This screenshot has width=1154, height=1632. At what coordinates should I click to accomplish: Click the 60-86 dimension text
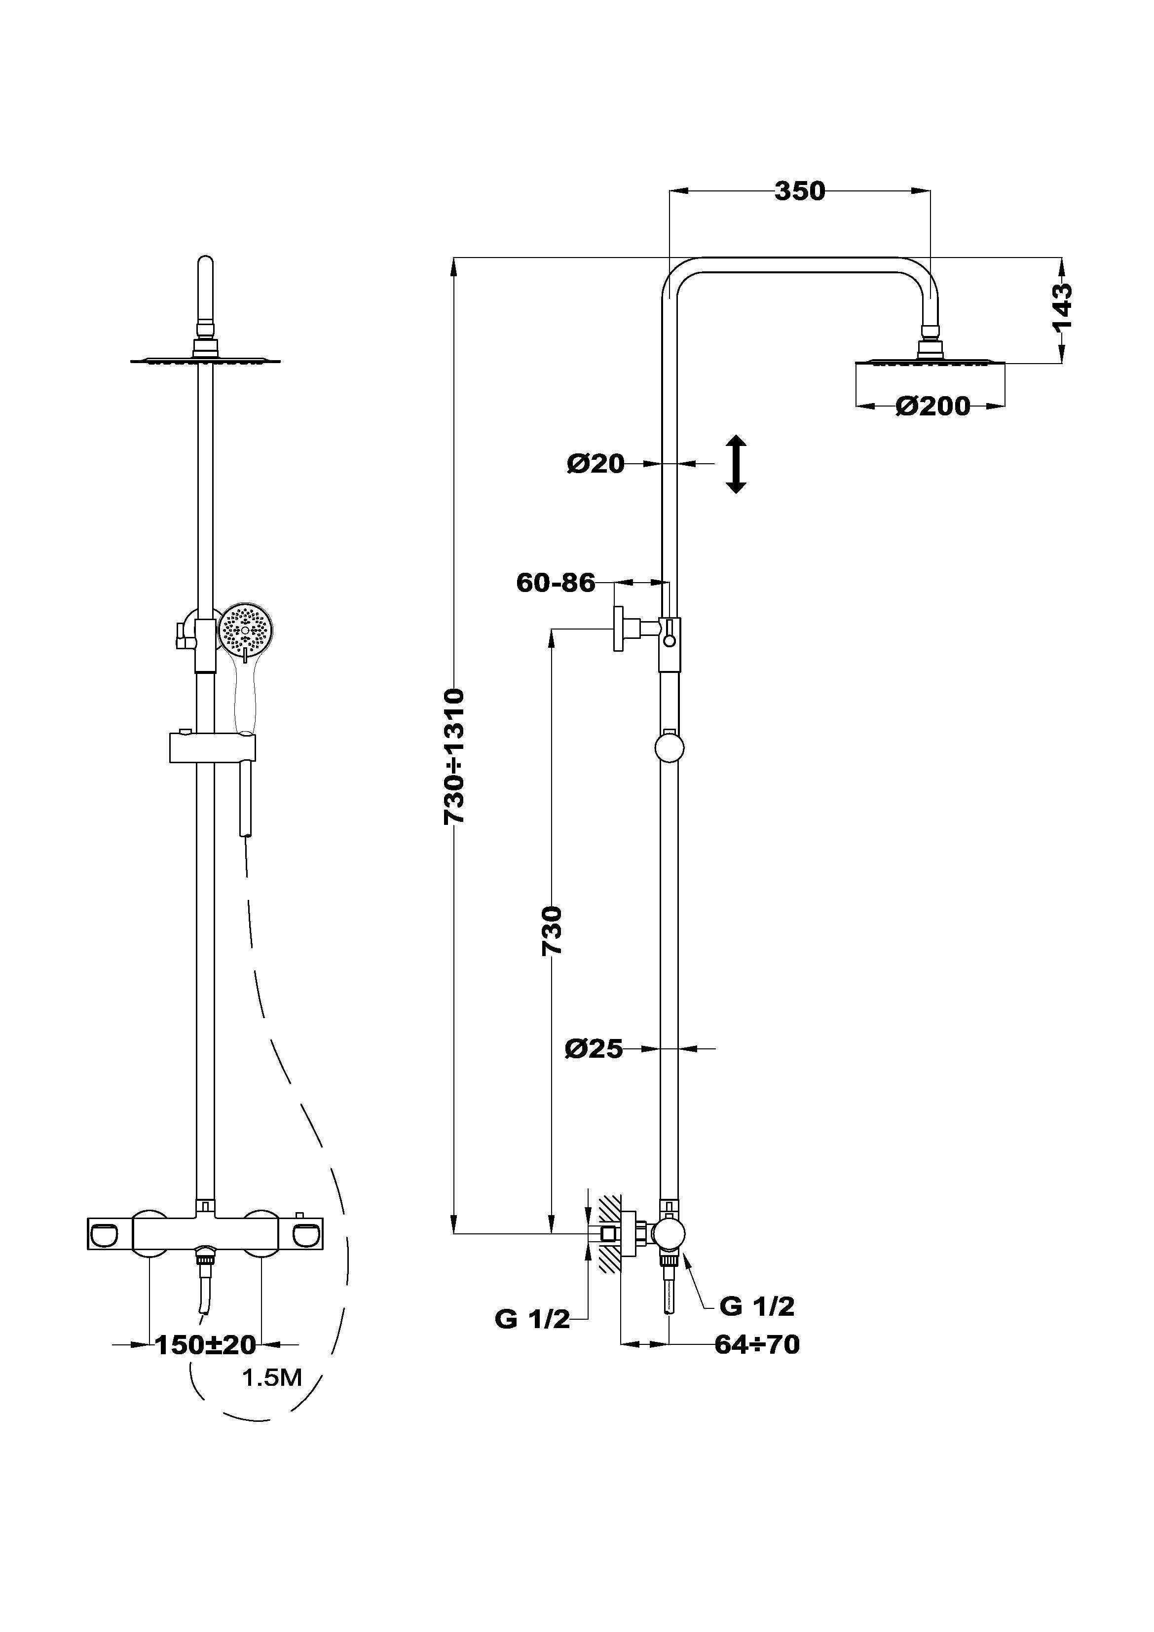tap(556, 582)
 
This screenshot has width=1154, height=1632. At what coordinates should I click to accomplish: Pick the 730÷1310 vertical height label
tap(454, 756)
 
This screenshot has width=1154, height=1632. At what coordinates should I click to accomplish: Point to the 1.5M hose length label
tap(272, 1378)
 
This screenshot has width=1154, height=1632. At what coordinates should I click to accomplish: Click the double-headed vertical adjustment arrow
tap(736, 464)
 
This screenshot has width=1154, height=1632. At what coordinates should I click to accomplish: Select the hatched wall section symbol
tap(610, 1233)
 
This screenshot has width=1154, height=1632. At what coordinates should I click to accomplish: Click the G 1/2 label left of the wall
tap(532, 1319)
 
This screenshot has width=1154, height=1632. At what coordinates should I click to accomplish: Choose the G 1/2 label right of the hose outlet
tap(756, 1306)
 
